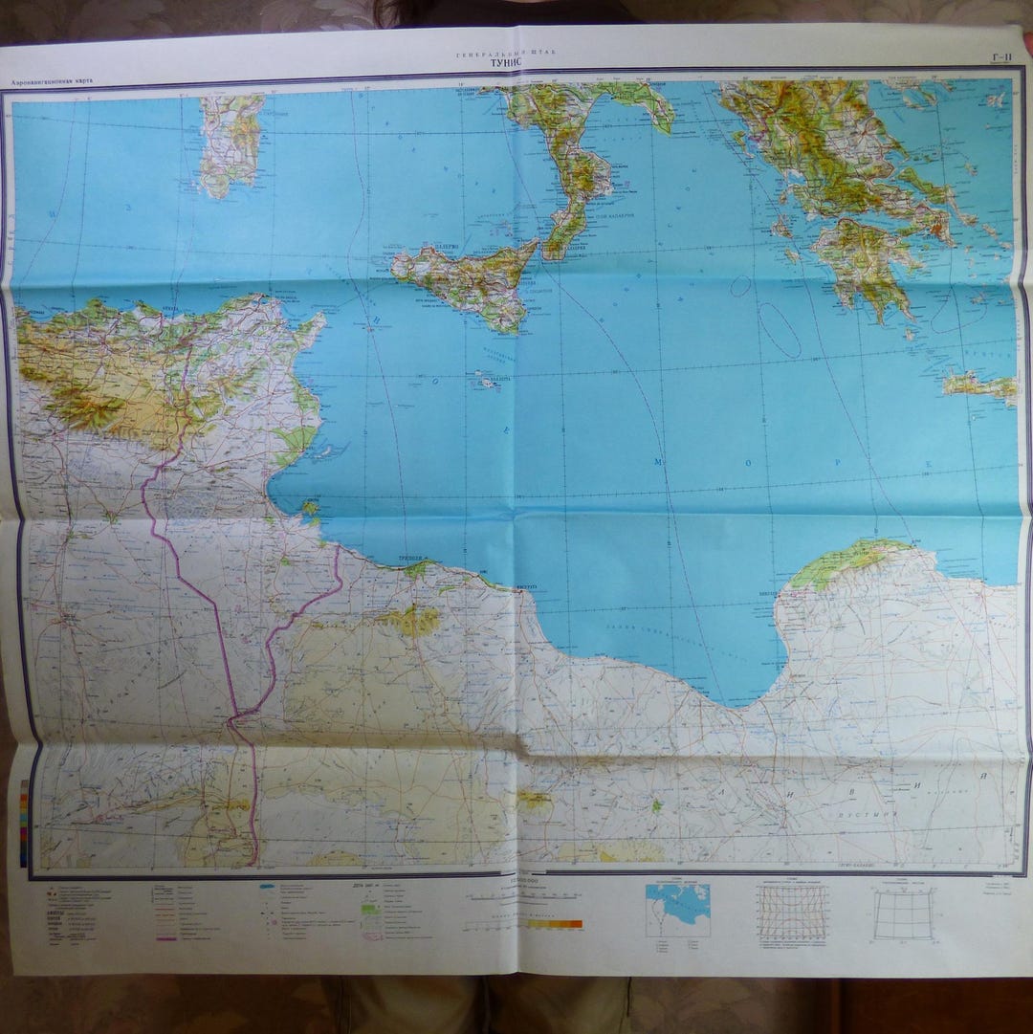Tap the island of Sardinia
tap(231, 143)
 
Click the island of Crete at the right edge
tap(980, 385)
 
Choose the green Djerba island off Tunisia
tap(311, 508)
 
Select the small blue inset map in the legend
tap(677, 910)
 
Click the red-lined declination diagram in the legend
tap(792, 910)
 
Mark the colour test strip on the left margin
tap(24, 823)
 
